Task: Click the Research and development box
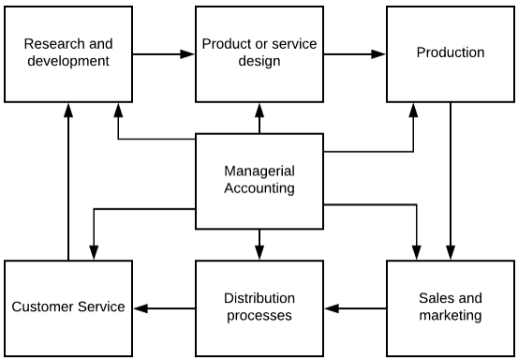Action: click(67, 52)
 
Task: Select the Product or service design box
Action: click(259, 52)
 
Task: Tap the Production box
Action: click(451, 52)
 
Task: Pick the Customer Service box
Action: click(67, 307)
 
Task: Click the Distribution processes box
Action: click(259, 307)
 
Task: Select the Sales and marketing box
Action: click(451, 307)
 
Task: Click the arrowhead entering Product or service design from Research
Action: click(189, 54)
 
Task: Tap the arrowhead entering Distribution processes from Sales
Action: click(331, 307)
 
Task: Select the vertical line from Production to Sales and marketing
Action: click(451, 178)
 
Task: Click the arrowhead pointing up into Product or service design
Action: click(259, 110)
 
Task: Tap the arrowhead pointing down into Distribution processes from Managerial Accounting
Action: click(259, 252)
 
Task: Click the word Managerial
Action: click(259, 172)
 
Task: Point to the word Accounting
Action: click(259, 188)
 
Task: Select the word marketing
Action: click(451, 316)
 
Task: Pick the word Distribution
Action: click(259, 299)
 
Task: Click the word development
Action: click(67, 61)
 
